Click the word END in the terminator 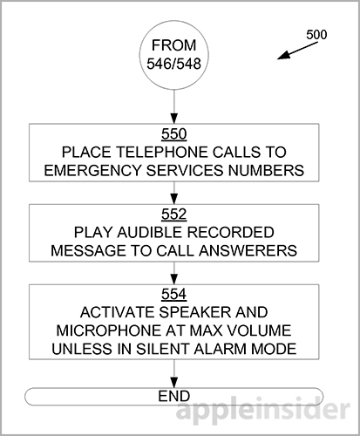pyautogui.click(x=175, y=395)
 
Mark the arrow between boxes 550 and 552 pyautogui.click(x=175, y=193)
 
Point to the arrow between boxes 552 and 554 pyautogui.click(x=175, y=274)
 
